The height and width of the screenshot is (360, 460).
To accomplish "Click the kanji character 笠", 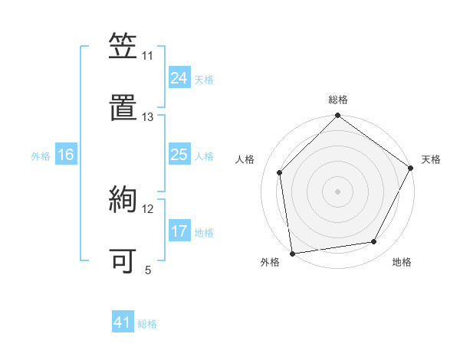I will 123,47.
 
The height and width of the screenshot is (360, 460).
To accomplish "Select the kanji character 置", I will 123,108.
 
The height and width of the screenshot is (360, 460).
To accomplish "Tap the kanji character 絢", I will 123,200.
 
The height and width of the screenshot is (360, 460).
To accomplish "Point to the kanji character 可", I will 123,260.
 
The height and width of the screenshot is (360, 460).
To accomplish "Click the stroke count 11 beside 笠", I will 148,56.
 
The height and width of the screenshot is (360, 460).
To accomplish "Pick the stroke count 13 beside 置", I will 148,117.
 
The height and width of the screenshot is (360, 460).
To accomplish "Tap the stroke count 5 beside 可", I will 148,270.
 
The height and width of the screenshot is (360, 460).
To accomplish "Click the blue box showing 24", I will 179,77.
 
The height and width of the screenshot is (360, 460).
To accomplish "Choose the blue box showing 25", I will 179,155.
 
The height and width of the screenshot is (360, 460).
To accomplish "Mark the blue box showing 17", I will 179,231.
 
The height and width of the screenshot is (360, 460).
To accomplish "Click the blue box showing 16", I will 66,155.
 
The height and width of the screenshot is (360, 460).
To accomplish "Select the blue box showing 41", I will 123,322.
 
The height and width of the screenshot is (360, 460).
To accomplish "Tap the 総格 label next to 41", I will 147,324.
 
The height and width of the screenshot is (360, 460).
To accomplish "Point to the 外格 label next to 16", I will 41,156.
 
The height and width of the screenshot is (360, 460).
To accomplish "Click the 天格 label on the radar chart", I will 431,159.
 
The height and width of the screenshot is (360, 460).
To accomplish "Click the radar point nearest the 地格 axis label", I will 374,242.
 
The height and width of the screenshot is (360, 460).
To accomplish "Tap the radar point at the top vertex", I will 337,116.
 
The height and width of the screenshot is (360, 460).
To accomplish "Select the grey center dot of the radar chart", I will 337,191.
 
